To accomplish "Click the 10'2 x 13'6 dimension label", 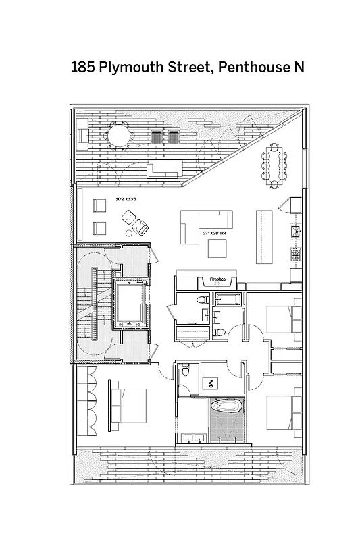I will (126, 199).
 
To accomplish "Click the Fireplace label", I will (217, 279).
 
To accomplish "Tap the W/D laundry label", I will (210, 383).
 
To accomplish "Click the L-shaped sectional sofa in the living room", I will (203, 221).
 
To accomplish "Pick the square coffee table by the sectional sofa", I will (219, 248).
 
